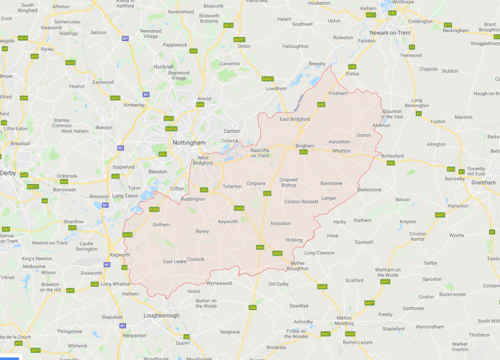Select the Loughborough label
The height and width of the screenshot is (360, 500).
161,316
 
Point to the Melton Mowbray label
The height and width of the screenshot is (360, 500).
343,321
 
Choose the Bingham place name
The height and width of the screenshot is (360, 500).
304,146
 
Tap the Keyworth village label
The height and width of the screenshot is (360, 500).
228,222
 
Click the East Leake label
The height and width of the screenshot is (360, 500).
175,261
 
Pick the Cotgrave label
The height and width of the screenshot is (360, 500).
255,183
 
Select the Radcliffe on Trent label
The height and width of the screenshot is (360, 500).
260,153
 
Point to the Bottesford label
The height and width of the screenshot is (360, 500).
392,156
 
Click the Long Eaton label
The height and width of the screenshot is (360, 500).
125,196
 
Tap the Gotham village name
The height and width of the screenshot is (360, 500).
161,224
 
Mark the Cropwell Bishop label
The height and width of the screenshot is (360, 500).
288,183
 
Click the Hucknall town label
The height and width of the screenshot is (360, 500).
164,66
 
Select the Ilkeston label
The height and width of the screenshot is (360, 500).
103,127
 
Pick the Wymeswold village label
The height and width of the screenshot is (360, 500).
219,283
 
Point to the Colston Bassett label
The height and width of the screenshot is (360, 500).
301,201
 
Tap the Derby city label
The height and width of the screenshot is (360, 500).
9,173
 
